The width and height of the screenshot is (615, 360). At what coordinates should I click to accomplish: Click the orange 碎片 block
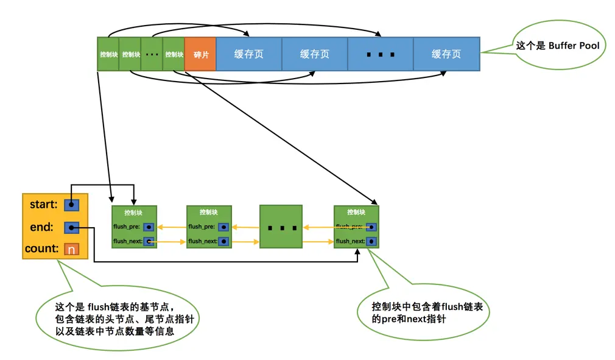pos(200,54)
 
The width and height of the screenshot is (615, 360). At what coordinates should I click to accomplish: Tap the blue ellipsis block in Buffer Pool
pos(380,54)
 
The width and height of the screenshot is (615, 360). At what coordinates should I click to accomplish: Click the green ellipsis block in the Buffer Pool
pos(152,54)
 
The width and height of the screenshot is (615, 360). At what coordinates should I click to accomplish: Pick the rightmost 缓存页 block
pos(446,54)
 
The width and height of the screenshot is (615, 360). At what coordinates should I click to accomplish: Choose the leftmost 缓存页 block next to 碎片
pos(248,54)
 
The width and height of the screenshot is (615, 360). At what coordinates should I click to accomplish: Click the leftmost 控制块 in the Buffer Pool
pos(108,54)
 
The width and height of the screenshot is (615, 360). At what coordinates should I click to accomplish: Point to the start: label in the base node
pos(43,205)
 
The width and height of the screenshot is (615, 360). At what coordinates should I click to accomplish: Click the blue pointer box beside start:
pos(71,205)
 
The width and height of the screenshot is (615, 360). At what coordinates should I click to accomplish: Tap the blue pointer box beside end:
pos(71,228)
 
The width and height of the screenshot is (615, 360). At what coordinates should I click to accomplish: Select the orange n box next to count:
pos(71,249)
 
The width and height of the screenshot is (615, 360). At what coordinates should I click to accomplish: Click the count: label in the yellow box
pos(41,249)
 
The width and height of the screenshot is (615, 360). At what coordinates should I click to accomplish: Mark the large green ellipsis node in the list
pos(281,227)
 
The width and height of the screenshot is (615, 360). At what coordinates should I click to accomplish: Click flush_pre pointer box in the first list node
pos(149,227)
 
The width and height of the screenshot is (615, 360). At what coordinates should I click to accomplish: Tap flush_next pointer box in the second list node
pos(224,241)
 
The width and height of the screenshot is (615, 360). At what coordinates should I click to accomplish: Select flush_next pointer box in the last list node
pos(371,241)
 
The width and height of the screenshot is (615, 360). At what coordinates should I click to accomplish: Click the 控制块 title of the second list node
pos(209,213)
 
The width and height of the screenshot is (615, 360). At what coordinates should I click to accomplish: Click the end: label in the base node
pos(41,227)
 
